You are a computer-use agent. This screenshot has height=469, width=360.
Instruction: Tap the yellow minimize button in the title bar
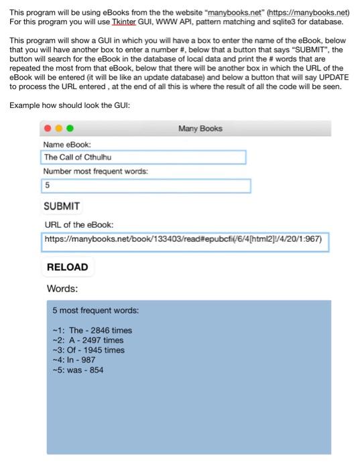58,129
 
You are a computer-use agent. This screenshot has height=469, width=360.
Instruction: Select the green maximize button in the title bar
69,129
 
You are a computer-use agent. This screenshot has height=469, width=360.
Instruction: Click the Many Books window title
200,129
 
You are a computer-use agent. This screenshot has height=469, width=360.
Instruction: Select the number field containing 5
145,186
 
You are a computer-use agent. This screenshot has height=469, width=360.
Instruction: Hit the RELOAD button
67,267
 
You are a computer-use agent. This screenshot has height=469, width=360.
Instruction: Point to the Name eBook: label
67,145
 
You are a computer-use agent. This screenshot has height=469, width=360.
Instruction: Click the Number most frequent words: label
95,172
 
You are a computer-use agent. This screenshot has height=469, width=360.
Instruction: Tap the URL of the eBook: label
79,225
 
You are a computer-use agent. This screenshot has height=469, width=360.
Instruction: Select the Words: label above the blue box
62,289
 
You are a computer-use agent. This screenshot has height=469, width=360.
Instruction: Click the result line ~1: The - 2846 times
92,330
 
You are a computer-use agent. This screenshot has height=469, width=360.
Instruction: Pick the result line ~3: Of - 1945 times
88,350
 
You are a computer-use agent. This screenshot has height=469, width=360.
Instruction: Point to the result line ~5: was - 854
78,370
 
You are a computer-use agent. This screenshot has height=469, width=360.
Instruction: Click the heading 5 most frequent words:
96,311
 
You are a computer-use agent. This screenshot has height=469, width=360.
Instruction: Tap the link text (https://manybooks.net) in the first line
308,12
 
